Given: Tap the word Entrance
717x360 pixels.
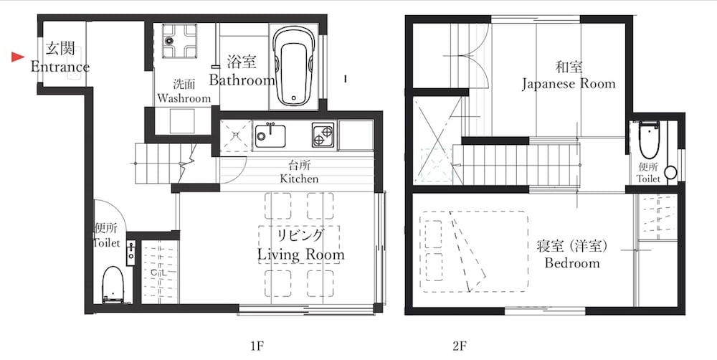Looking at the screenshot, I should click(60, 67).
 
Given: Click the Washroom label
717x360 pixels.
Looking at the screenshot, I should click(184, 98).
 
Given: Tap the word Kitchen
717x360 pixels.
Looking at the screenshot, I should click(299, 179).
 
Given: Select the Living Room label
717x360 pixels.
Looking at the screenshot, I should click(301, 255).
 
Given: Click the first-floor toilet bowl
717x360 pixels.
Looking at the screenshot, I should click(112, 283).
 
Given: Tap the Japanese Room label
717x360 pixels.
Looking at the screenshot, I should click(568, 84).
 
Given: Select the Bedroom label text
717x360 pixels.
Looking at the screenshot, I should click(571, 263).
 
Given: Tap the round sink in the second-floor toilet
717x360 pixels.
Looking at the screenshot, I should click(670, 172).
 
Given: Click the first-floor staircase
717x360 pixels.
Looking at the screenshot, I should click(165, 161).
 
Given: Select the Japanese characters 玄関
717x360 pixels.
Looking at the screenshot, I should click(60, 49).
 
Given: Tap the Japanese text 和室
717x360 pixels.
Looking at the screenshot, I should click(568, 67).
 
